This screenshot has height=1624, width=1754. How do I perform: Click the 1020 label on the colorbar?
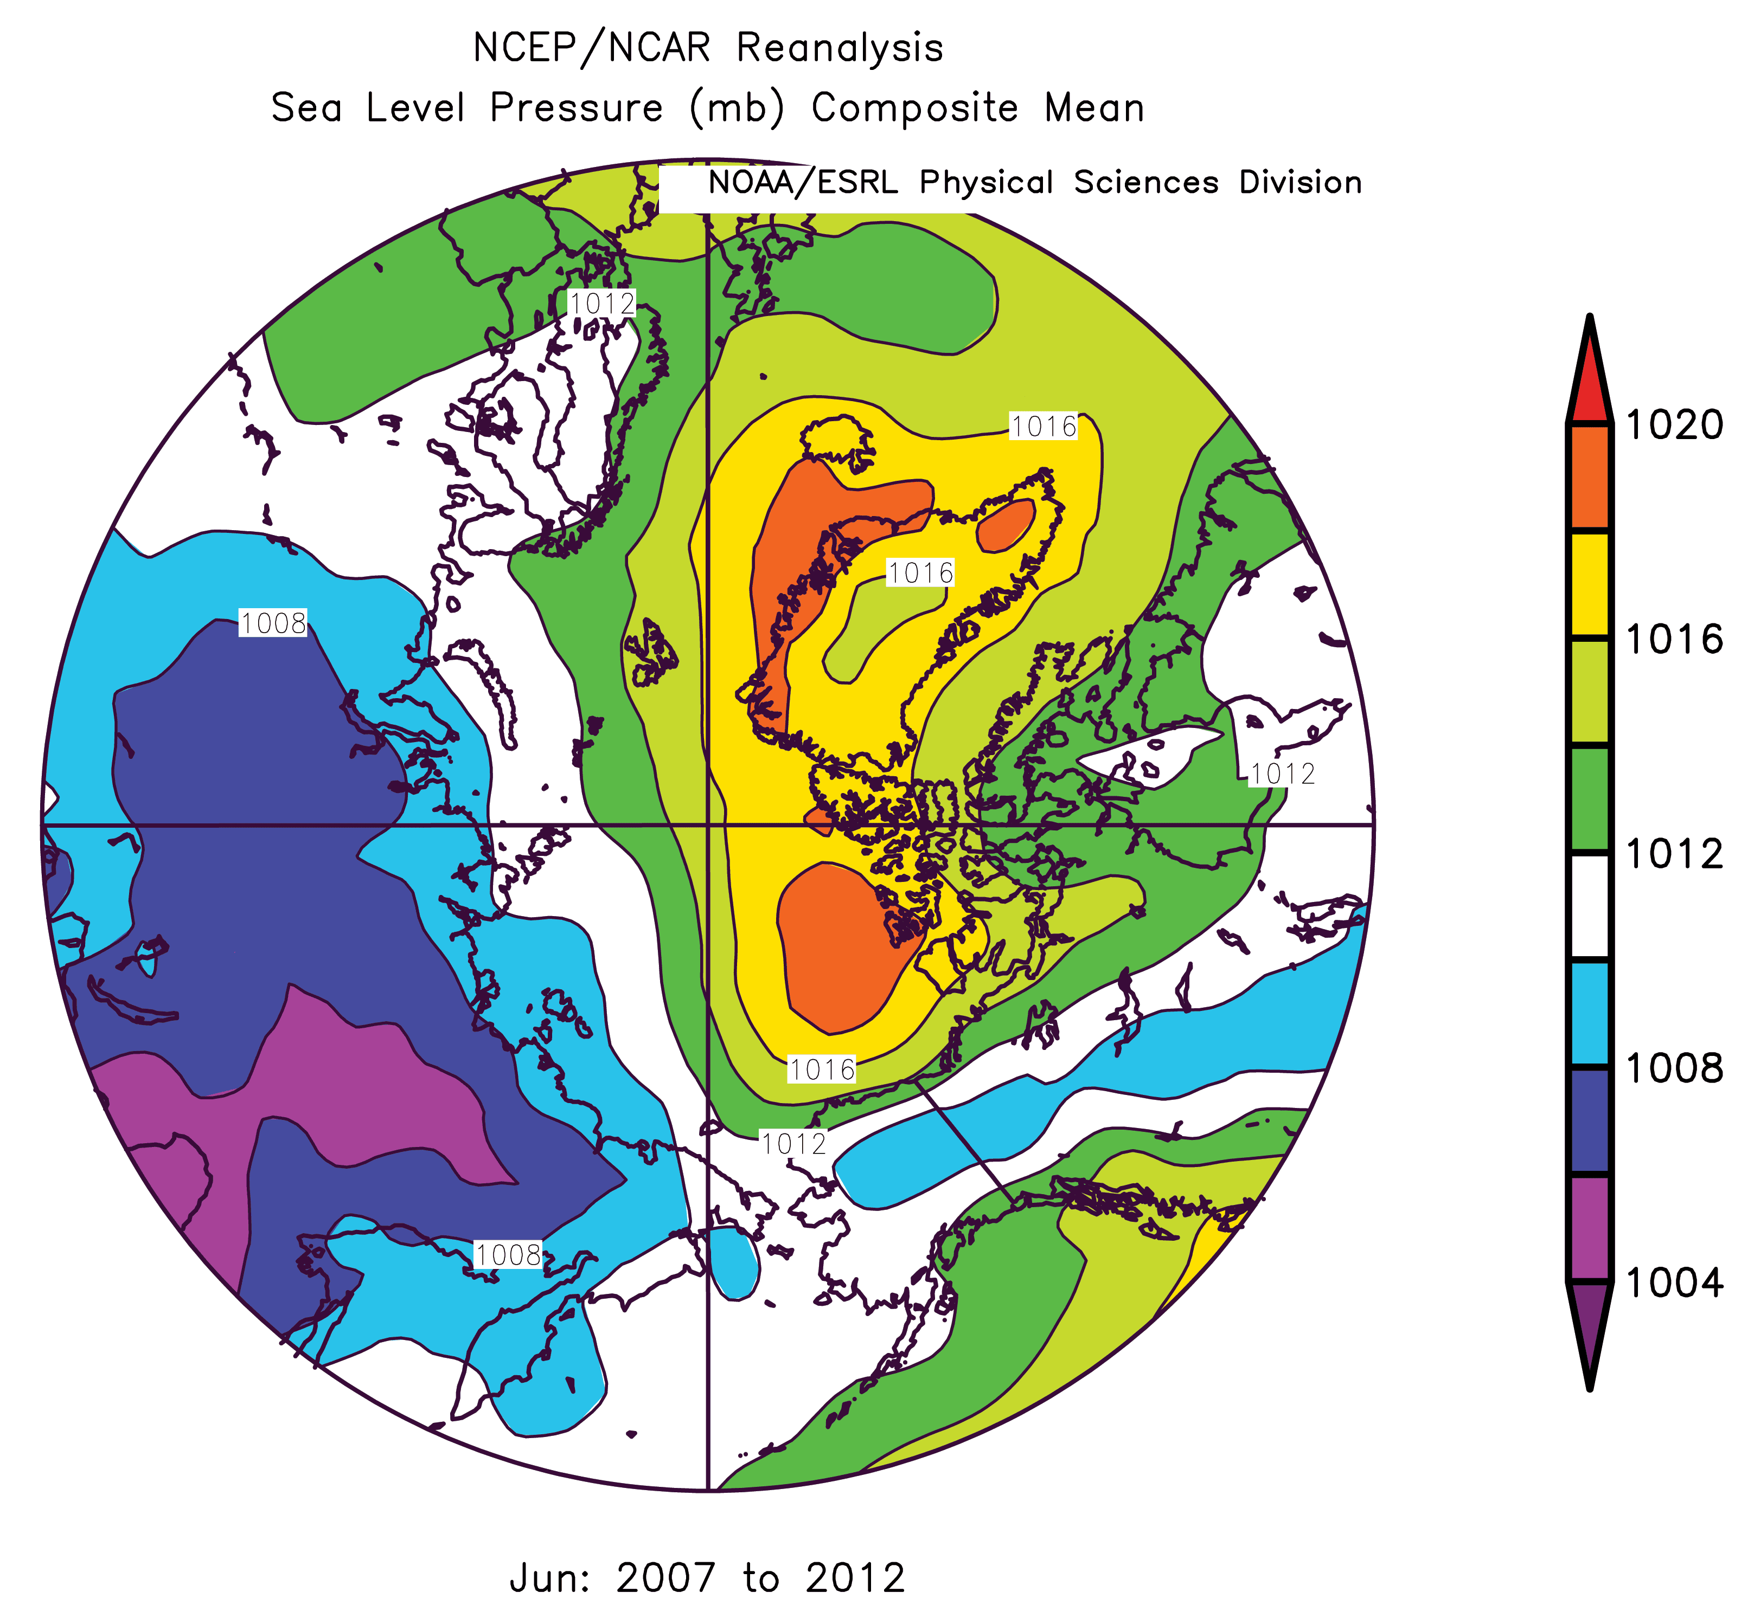coord(1673,426)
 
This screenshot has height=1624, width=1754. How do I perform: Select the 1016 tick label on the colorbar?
coord(1673,640)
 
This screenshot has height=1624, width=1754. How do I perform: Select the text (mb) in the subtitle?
coord(737,108)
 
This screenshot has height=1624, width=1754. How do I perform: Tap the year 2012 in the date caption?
coord(855,1578)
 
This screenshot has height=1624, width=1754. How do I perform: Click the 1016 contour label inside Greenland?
coord(920,573)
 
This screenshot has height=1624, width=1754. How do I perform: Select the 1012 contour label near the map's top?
coord(602,304)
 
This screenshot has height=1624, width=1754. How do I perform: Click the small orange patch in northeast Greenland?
coord(1005,525)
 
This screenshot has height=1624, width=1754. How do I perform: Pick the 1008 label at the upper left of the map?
coord(273,624)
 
